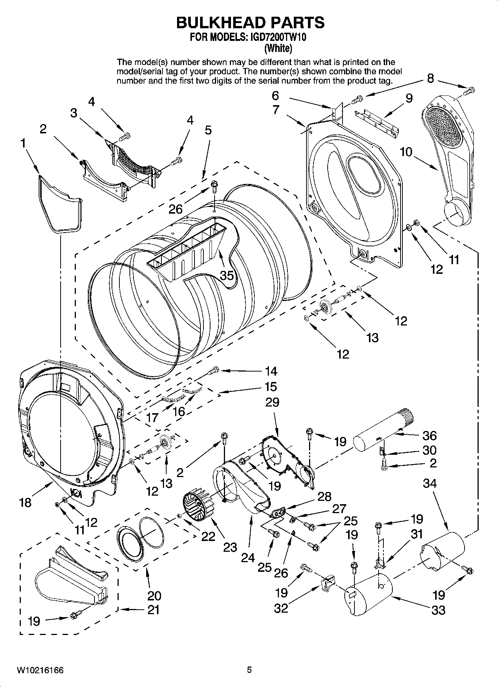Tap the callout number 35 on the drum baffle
click(x=226, y=276)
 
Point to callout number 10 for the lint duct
click(x=407, y=152)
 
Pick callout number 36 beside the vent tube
click(x=429, y=435)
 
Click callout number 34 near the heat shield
click(x=430, y=483)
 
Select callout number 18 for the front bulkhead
click(x=25, y=502)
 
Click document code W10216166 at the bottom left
click(x=40, y=671)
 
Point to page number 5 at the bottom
click(x=249, y=670)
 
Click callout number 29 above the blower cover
click(x=272, y=402)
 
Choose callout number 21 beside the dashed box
click(x=154, y=610)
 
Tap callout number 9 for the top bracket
click(x=409, y=98)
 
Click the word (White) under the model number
click(x=278, y=48)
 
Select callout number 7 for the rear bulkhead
click(x=276, y=110)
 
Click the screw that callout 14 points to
click(x=214, y=370)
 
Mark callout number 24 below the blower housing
click(x=248, y=557)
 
